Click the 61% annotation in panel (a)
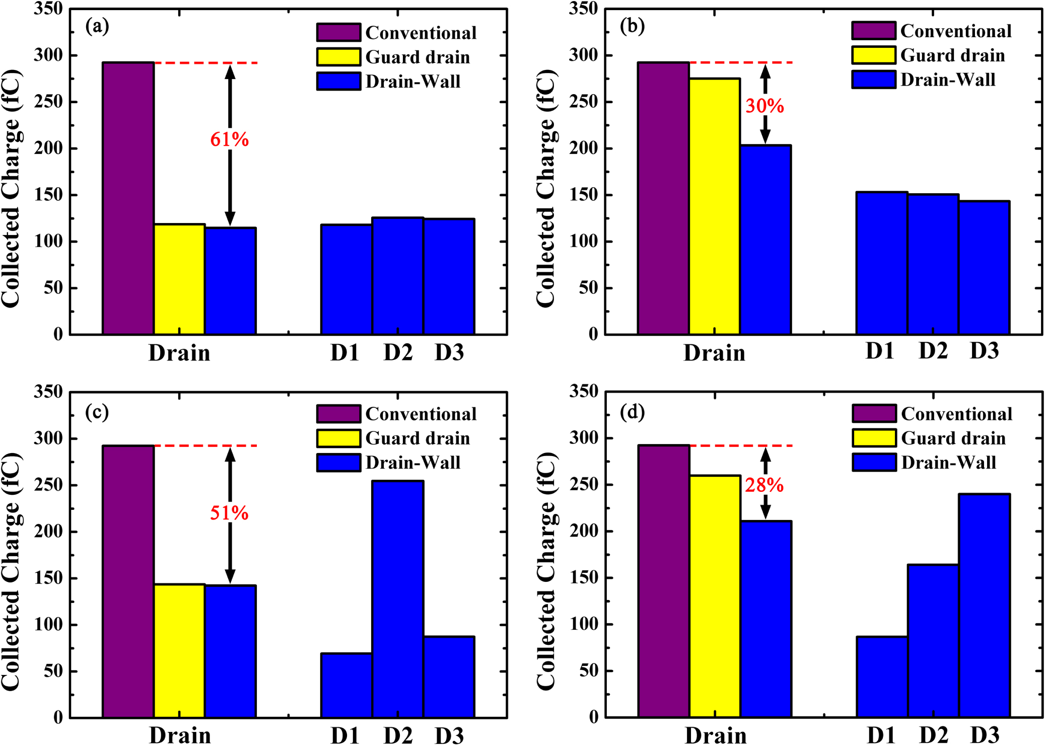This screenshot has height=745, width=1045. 229,139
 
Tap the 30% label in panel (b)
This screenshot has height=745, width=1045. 764,106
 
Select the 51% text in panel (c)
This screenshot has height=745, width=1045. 229,513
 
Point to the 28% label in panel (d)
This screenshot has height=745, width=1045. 764,485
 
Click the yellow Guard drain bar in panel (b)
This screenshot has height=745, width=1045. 715,206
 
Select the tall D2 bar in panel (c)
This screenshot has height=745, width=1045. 398,599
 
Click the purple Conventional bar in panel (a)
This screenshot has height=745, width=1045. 128,199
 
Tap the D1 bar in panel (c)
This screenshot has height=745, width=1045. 346,685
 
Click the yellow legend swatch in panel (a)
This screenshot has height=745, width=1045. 338,57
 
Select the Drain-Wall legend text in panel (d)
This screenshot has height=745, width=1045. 948,463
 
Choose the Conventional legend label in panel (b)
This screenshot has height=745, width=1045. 956,31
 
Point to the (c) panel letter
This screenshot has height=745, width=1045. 97,412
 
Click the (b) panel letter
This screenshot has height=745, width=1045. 632,26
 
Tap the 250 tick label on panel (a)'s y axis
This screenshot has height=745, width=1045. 48,102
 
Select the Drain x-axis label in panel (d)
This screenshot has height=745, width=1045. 716,735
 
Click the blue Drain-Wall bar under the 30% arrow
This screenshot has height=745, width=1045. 765,240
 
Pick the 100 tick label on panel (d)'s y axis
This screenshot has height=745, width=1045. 584,624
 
